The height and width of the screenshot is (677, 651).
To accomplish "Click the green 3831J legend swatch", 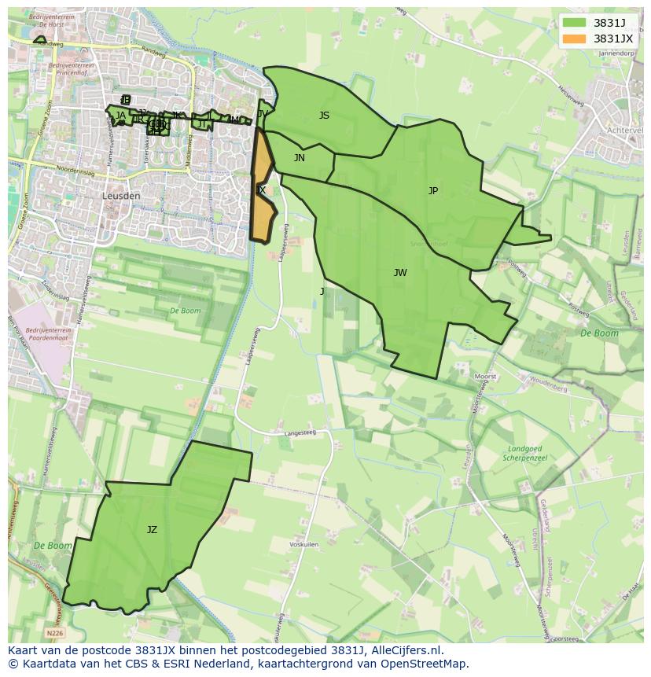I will [x=575, y=23].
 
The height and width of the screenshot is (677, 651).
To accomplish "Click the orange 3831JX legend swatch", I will [x=575, y=39].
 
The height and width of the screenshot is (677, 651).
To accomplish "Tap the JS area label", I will [x=324, y=116].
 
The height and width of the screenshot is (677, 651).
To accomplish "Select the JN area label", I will [x=300, y=158].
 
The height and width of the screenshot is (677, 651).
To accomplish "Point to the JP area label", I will [x=433, y=191].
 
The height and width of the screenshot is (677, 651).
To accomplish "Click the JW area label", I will [x=400, y=273].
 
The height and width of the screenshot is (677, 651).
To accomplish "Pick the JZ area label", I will [x=152, y=530].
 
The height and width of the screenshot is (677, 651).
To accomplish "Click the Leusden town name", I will [x=121, y=196].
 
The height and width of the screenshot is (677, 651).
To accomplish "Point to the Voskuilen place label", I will [x=303, y=544].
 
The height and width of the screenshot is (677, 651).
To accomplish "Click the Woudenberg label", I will [x=548, y=388].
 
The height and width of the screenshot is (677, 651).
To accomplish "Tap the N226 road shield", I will [x=54, y=632].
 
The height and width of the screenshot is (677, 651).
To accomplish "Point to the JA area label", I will [x=120, y=116].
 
